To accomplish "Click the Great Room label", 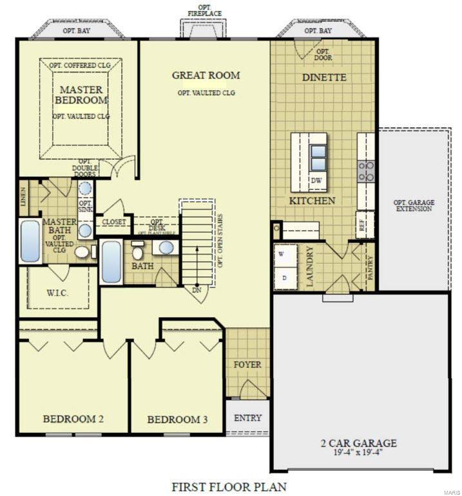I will pyautogui.click(x=206, y=75).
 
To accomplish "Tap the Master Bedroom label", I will pyautogui.click(x=81, y=95).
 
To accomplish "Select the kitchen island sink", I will pyautogui.click(x=318, y=158).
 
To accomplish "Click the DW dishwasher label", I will pyautogui.click(x=316, y=181).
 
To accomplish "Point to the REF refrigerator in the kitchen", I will pyautogui.click(x=361, y=225).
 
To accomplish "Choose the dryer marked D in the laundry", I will pyautogui.click(x=285, y=277).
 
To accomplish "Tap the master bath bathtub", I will pyautogui.click(x=30, y=241).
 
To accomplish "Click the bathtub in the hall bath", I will pyautogui.click(x=111, y=261).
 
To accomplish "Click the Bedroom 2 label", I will pyautogui.click(x=73, y=419).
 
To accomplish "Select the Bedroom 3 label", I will pyautogui.click(x=177, y=420).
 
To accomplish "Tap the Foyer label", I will pyautogui.click(x=247, y=365).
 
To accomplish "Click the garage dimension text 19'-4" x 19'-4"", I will pyautogui.click(x=358, y=453).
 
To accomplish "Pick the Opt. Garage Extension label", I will pyautogui.click(x=414, y=206).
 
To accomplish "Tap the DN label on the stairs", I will pyautogui.click(x=197, y=290).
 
